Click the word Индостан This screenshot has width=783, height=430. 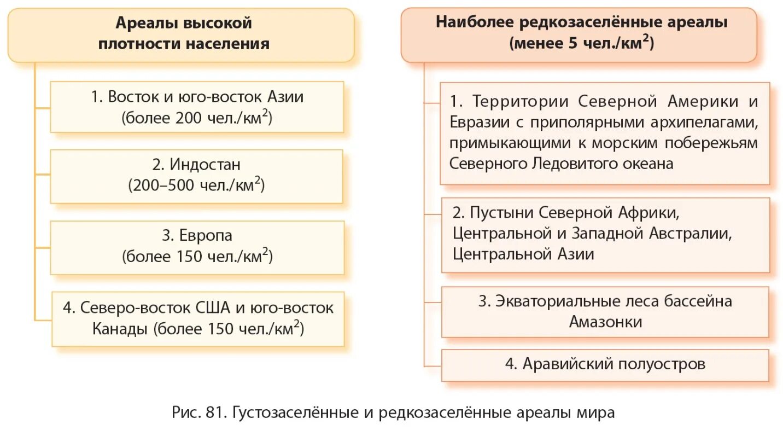coord(204,164)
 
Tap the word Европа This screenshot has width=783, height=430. coord(205,235)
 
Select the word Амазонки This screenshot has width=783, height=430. coord(605,322)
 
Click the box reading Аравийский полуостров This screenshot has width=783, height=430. coord(605,364)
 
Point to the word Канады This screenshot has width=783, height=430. coord(120,329)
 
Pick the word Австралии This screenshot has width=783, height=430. coord(690,233)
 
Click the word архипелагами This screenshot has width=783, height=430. coord(705,122)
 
